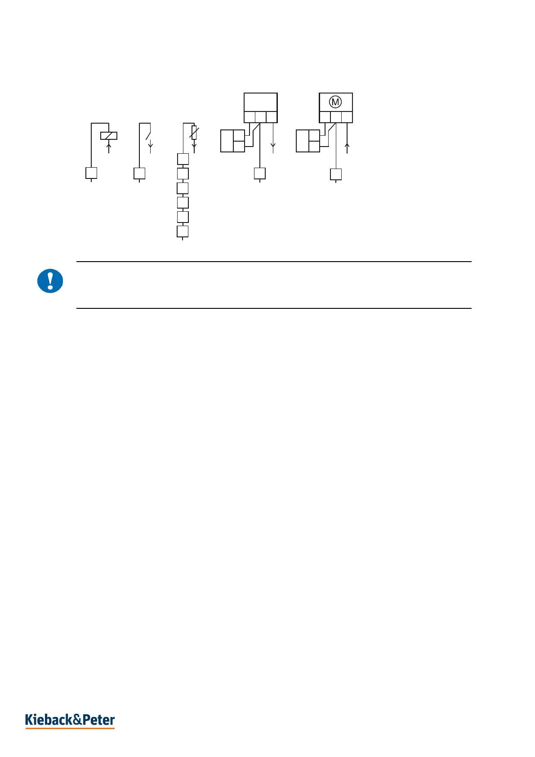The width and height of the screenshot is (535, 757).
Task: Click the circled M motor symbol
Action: (335, 102)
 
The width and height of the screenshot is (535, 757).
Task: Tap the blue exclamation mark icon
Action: (50, 281)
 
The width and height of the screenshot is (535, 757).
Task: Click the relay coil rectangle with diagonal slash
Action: (109, 136)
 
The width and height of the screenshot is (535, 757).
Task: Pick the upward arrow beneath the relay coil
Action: (109, 147)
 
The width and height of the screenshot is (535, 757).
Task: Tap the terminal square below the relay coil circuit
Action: (91, 173)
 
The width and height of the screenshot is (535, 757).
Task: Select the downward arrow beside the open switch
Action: (151, 147)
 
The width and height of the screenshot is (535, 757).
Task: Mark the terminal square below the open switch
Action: (139, 174)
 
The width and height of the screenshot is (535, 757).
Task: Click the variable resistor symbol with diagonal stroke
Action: (194, 133)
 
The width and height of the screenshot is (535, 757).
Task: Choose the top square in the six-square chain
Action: (183, 159)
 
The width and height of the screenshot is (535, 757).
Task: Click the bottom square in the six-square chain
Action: (183, 232)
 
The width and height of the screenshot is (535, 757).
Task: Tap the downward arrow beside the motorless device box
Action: (273, 146)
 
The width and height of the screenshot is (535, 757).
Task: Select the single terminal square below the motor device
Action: (336, 174)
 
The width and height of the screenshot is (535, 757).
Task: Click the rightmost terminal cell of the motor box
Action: (347, 117)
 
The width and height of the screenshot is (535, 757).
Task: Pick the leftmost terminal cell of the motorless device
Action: (250, 117)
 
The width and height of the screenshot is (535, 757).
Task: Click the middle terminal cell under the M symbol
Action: (336, 117)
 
